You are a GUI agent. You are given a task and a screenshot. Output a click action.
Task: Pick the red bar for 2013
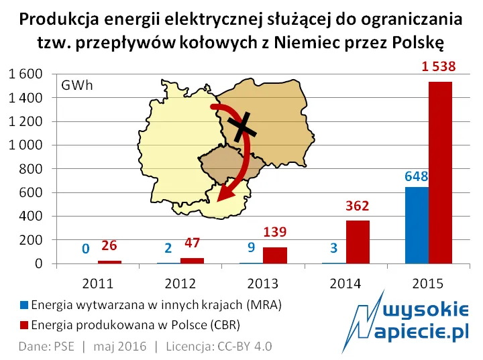click(x=274, y=255)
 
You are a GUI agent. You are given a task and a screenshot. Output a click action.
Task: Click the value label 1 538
click(x=439, y=67)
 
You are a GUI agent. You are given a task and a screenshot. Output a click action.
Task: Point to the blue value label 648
click(x=417, y=176)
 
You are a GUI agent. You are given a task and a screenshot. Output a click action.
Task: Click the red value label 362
click(x=358, y=206)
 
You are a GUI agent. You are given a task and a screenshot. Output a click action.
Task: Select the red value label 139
click(x=274, y=233)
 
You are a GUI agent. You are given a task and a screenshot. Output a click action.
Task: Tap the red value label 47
click(x=192, y=243)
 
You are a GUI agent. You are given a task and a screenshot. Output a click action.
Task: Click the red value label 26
click(x=109, y=246)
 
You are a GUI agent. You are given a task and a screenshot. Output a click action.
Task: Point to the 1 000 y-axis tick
click(x=25, y=145)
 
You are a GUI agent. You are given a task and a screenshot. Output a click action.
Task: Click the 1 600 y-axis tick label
click(x=25, y=74)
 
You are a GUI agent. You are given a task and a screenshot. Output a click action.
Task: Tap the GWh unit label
click(x=77, y=86)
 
